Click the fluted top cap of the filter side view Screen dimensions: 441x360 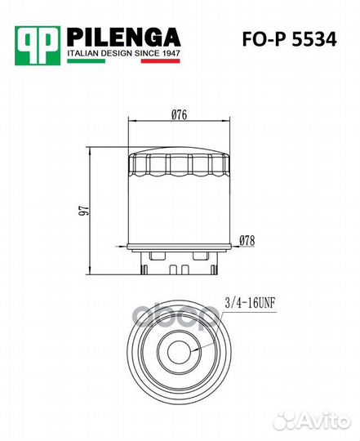tap(180, 165)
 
